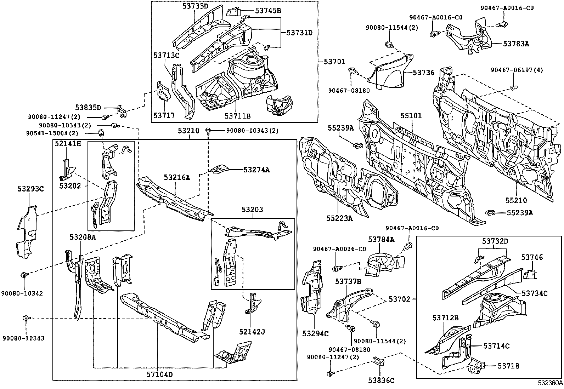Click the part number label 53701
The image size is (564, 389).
[335, 62]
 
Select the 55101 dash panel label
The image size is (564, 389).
[411, 116]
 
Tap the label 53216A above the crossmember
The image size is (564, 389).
[177, 177]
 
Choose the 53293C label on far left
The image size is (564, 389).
[30, 189]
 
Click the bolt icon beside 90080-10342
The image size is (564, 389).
[24, 275]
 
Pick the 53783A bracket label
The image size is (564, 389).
[516, 44]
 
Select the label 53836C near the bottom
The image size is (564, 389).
[381, 381]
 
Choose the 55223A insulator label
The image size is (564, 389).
[340, 218]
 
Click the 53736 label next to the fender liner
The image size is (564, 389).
[423, 72]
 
